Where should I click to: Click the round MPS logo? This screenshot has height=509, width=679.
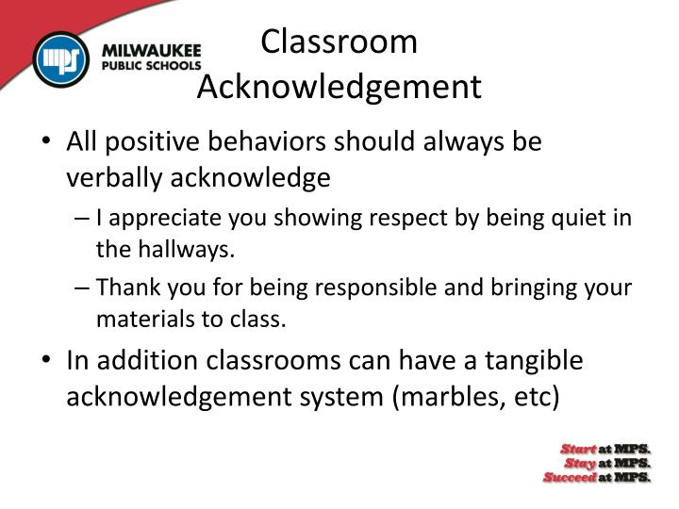61,60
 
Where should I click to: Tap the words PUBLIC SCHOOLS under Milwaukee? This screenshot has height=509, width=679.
152,67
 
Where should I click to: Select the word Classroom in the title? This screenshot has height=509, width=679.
339,41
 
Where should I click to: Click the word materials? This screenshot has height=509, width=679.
142,319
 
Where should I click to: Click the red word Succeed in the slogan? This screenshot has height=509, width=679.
569,477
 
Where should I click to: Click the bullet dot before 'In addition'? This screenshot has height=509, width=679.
48,361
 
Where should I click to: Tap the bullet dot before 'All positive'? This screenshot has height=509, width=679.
48,142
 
